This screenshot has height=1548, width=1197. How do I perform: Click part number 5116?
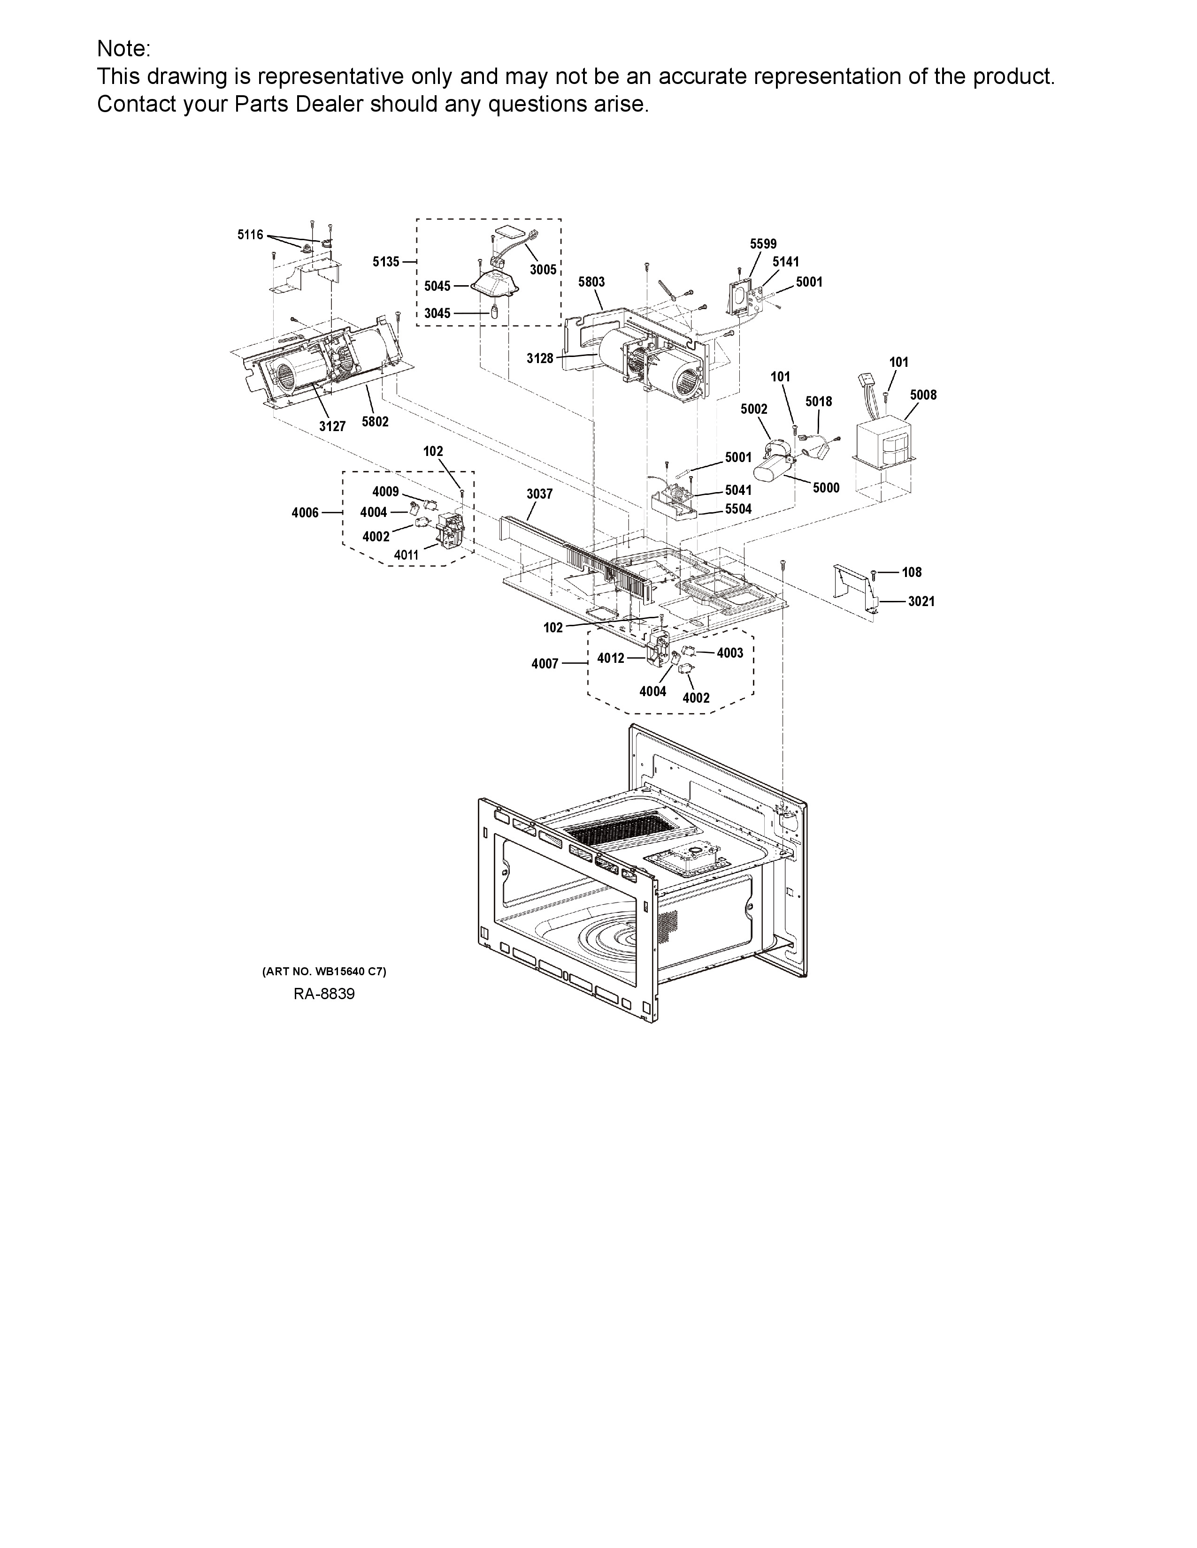pos(250,235)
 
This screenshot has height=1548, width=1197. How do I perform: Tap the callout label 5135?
pos(386,262)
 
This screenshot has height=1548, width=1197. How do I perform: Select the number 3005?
pos(543,270)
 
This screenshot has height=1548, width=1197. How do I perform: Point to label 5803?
pos(591,281)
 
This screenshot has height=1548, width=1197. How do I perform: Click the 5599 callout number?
pos(764,244)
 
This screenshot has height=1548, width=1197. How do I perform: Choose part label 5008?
pos(923,395)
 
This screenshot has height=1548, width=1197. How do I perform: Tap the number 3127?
pos(332,426)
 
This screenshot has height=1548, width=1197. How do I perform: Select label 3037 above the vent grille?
pos(540,493)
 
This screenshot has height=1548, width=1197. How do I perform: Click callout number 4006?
pos(305,512)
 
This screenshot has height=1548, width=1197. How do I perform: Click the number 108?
pos(912,572)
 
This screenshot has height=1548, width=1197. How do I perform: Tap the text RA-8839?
pos(324,994)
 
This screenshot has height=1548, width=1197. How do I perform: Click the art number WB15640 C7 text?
pos(324,972)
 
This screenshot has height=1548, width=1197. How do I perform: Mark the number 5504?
pos(738,509)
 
